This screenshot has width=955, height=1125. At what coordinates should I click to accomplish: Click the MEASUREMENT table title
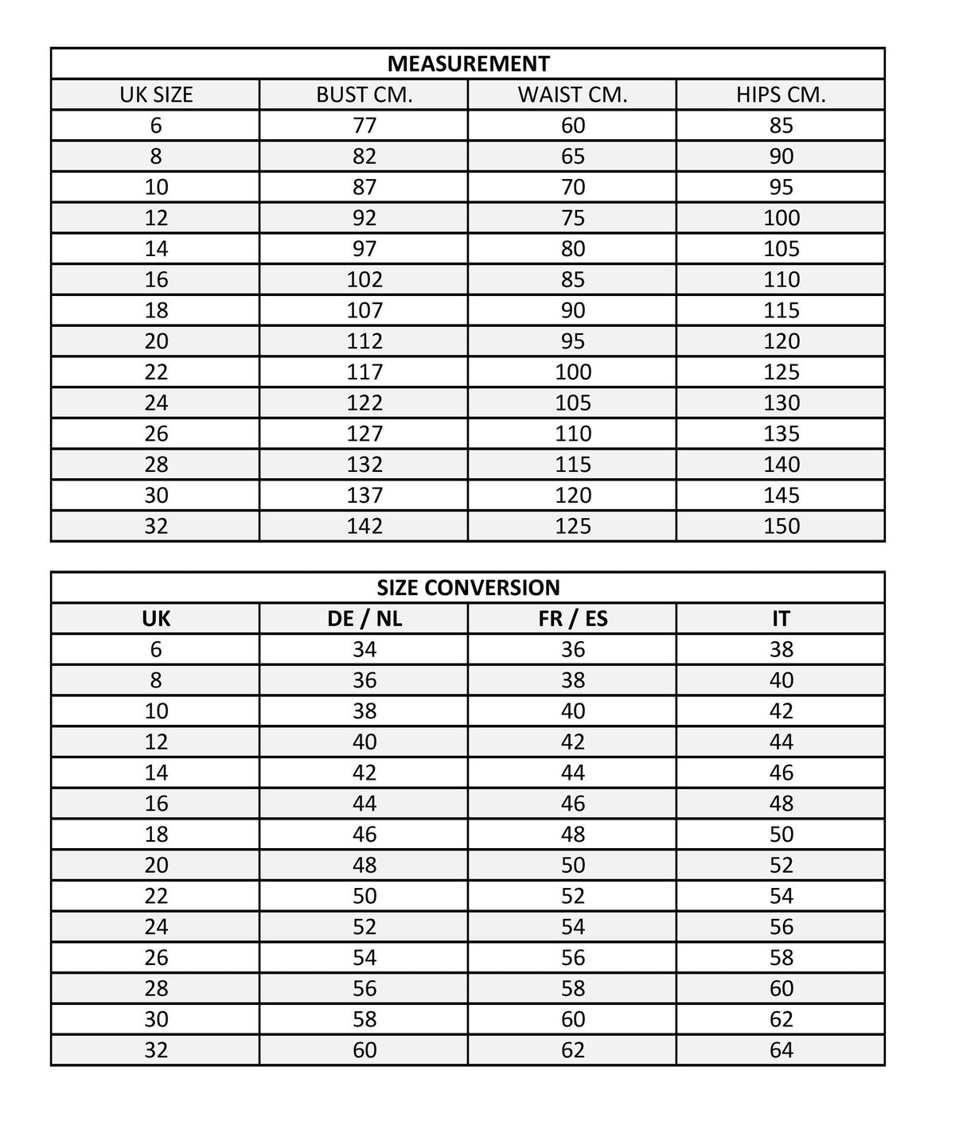point(468,64)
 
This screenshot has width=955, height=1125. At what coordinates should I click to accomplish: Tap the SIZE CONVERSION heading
point(468,588)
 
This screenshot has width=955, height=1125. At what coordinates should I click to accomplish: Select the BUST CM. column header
point(364,95)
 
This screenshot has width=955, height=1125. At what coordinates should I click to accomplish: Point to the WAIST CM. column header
point(573,95)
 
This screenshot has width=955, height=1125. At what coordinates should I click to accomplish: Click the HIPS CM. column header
point(781,95)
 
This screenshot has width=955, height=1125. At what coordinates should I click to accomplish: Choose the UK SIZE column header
point(156,95)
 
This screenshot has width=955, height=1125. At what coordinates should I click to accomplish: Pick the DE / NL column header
point(364,619)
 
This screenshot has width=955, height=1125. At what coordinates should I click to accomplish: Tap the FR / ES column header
point(573,619)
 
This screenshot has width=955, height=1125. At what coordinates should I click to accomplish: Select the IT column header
point(781,619)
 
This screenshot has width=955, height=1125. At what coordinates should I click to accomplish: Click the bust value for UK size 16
point(364,280)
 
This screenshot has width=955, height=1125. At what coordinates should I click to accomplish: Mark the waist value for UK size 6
point(573,126)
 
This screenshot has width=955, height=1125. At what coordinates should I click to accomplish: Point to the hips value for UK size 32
point(781,527)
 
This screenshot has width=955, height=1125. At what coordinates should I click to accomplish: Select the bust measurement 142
point(364,527)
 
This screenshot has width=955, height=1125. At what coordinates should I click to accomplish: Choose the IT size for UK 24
point(781,927)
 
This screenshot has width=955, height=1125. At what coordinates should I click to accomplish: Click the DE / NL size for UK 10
point(364,711)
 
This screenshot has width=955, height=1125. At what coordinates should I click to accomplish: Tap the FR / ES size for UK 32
point(573,1050)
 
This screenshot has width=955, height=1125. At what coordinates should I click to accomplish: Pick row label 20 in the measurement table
point(156,341)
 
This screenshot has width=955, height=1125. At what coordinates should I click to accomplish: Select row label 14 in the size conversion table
point(156,773)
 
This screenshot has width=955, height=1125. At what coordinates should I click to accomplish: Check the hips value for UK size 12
point(781,218)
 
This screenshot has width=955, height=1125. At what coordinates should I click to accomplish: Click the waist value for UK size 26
point(573,434)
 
